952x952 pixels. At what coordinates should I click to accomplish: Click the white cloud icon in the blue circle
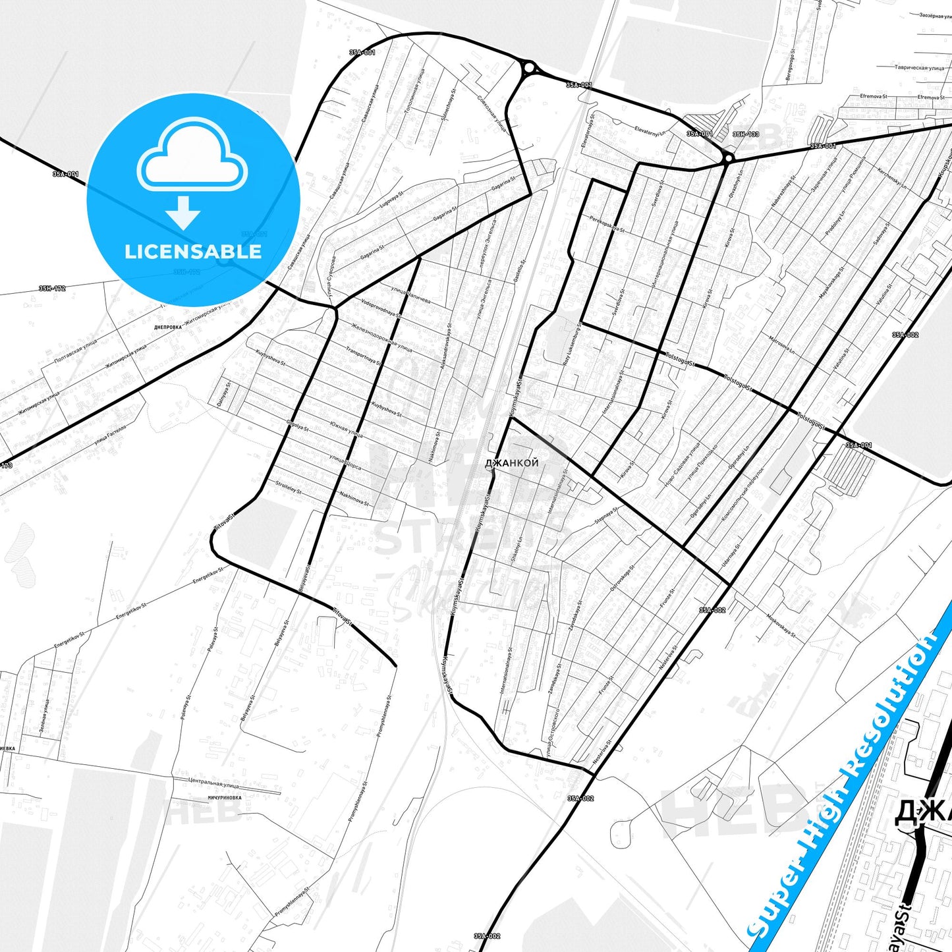192,156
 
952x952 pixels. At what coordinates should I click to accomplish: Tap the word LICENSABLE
193,252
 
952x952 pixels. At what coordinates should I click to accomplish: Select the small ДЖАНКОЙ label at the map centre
511,462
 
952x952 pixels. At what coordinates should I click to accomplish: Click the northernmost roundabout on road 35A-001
528,67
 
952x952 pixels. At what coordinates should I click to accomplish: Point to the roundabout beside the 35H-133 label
727,158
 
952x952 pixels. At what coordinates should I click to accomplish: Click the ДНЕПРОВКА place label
167,327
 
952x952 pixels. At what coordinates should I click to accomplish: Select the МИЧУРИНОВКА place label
225,797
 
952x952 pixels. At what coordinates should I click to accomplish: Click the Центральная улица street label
213,783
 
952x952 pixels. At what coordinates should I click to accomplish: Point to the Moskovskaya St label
781,627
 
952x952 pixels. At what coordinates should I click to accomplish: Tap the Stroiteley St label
288,487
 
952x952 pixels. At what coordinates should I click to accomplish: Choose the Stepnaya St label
605,516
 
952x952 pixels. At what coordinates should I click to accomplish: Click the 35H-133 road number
746,134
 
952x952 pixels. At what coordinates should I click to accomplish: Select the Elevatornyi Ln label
650,130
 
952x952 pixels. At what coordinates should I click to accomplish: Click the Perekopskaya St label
607,224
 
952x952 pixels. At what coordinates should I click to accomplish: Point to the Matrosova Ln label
781,345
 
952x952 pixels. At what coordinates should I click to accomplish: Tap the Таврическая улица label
919,67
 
